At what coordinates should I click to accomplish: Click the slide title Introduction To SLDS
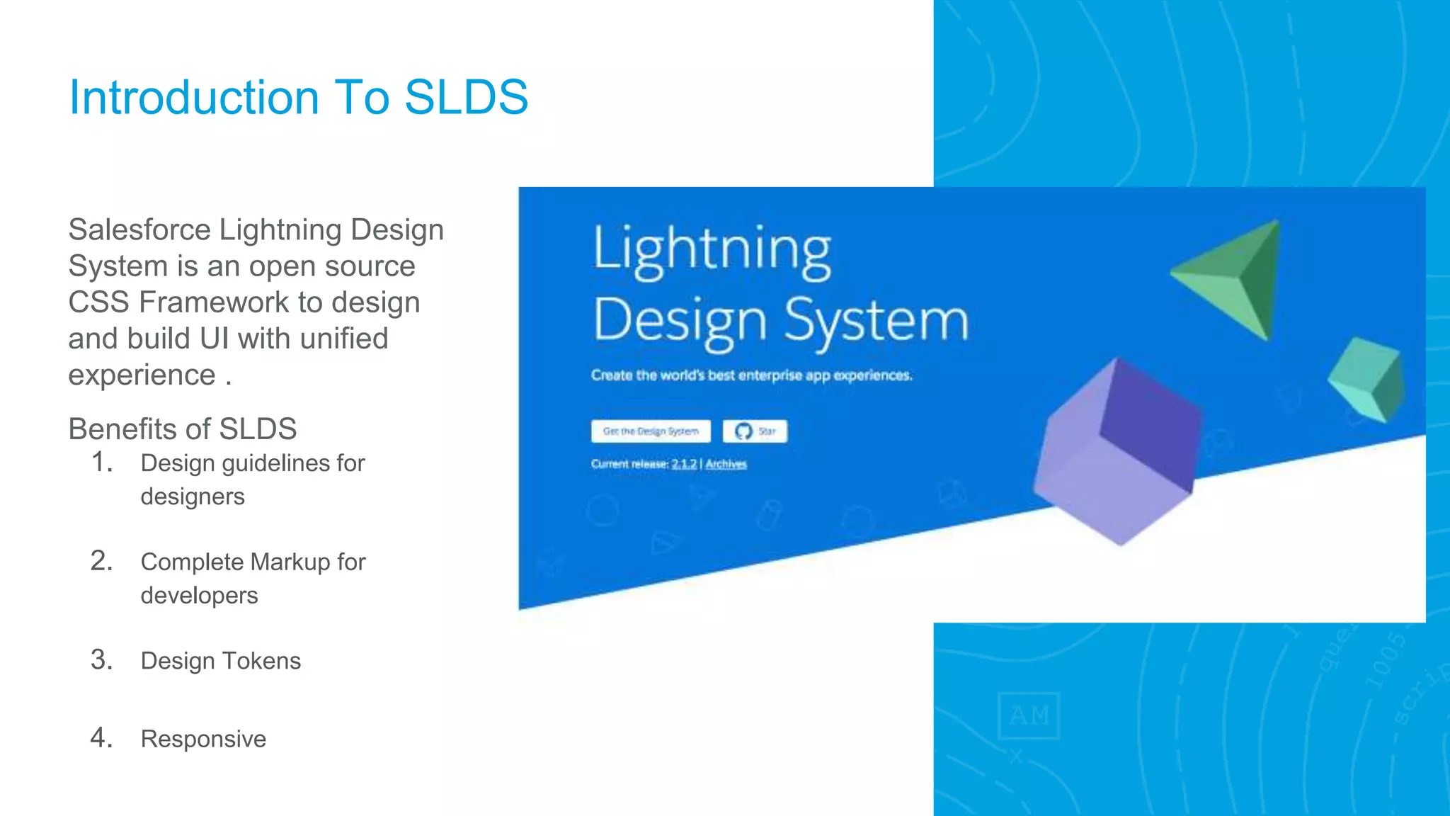[x=298, y=97]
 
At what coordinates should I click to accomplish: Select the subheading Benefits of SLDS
[x=182, y=429]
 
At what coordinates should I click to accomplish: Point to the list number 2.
[x=101, y=561]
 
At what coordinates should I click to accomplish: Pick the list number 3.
[x=101, y=660]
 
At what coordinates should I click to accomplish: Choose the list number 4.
[x=101, y=738]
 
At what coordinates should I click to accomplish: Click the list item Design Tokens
[x=220, y=661]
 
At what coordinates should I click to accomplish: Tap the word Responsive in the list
[x=203, y=739]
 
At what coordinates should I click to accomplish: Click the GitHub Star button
[x=755, y=431]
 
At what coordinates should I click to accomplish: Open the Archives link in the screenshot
[x=726, y=464]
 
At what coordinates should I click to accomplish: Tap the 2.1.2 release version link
[x=684, y=464]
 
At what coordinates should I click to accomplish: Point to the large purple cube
[x=1119, y=453]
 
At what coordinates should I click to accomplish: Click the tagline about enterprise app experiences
[x=751, y=375]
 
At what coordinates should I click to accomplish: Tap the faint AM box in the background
[x=1029, y=715]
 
